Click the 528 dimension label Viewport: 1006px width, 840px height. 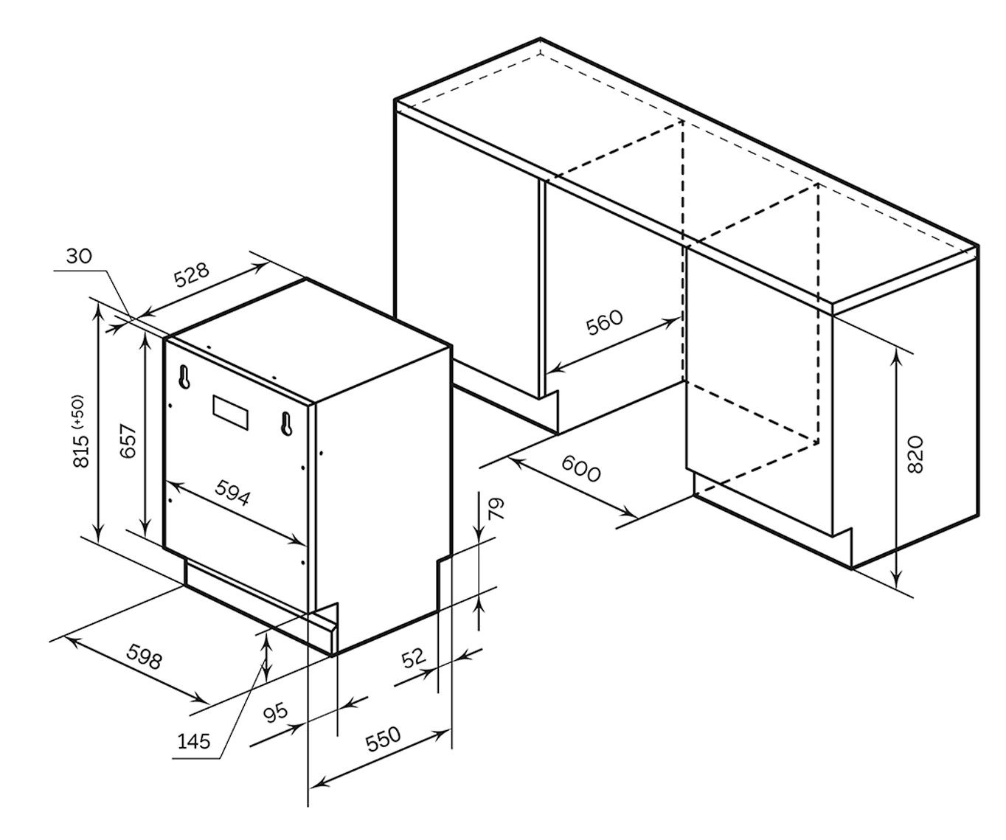point(192,274)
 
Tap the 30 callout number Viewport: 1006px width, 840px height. point(78,256)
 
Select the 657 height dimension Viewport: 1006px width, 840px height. point(128,441)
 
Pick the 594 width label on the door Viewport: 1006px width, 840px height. point(232,492)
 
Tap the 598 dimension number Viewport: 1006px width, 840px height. point(144,656)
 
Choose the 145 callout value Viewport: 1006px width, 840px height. point(194,740)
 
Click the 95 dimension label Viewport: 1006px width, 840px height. point(276,712)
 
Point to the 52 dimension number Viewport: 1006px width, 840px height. point(414,656)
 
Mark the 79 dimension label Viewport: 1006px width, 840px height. point(496,509)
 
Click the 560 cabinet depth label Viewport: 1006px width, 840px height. point(605,322)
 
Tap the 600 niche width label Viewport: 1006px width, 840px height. point(581,468)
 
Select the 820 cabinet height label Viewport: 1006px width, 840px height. point(914,454)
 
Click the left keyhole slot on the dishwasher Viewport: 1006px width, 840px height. point(184,377)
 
